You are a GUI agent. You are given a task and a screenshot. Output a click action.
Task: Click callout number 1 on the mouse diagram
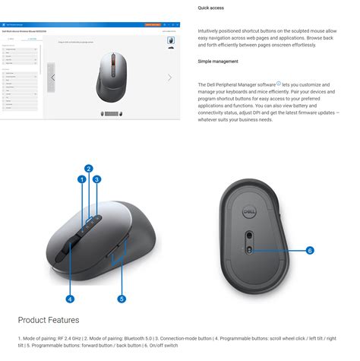click(x=81, y=179)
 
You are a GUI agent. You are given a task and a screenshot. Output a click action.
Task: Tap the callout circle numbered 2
click(x=89, y=169)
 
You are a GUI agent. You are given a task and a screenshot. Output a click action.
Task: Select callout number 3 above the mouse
click(x=97, y=179)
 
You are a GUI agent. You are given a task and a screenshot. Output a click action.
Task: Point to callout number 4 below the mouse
click(x=69, y=299)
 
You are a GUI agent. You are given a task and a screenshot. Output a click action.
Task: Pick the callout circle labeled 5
click(x=122, y=299)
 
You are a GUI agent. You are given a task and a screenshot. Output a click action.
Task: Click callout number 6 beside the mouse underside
click(x=310, y=250)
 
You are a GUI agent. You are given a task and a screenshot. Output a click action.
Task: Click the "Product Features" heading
click(x=49, y=320)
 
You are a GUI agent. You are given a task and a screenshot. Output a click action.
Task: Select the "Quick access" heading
click(x=212, y=8)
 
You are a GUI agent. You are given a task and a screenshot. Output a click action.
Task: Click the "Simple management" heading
click(x=219, y=61)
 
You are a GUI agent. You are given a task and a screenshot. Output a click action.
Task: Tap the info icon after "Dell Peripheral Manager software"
click(x=279, y=84)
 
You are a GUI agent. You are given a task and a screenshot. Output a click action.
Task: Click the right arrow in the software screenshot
click(x=169, y=78)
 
